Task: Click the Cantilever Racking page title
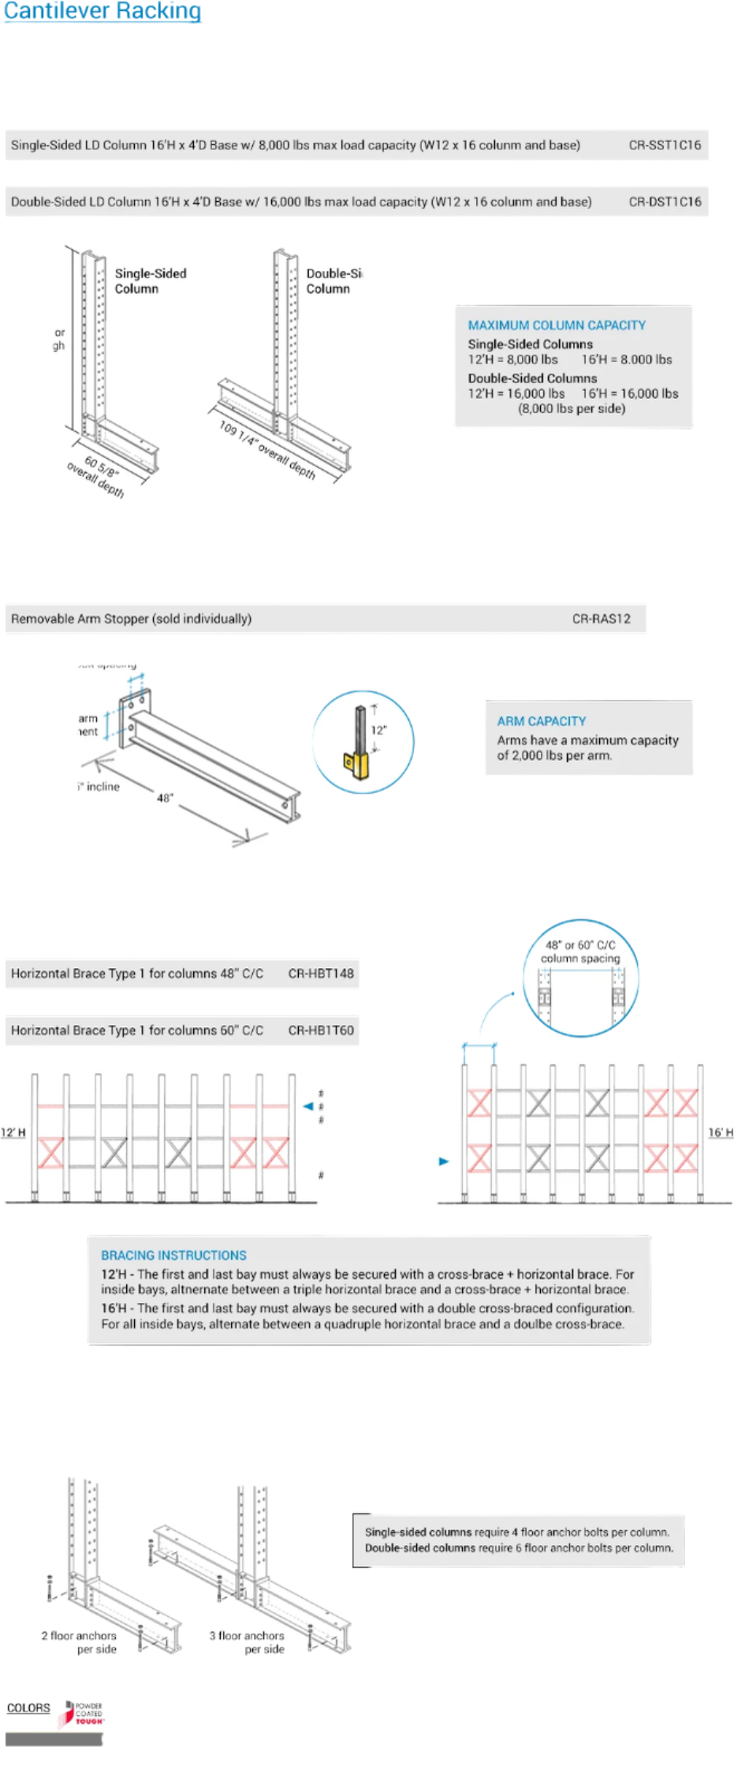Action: tap(102, 11)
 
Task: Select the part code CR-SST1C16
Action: tap(665, 145)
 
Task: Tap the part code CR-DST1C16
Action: tap(665, 202)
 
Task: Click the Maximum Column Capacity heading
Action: tap(557, 325)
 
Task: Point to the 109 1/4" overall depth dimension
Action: tap(267, 451)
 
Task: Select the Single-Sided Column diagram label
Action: tap(150, 281)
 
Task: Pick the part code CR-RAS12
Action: tap(601, 619)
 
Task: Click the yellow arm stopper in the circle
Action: tap(360, 762)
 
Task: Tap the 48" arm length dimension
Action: tap(165, 798)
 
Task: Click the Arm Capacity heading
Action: tap(541, 721)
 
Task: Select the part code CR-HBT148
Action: tap(321, 974)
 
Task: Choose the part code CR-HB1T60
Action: tap(321, 1030)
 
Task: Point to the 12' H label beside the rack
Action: tap(13, 1133)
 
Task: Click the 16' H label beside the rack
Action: tap(721, 1133)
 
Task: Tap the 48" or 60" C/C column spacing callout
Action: tap(580, 951)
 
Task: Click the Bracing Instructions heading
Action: tap(173, 1255)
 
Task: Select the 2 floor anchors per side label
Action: tap(79, 1642)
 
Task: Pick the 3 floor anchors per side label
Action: tap(247, 1642)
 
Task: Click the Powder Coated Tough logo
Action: tap(84, 1715)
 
